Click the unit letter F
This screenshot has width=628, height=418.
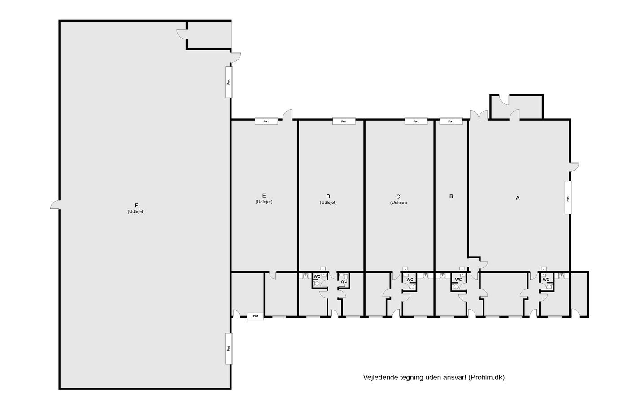[x=136, y=206]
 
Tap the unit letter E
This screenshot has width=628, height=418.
[x=264, y=196]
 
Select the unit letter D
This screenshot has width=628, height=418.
[x=328, y=196]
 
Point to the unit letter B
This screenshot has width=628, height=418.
[x=451, y=196]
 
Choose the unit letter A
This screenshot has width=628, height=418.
[x=518, y=198]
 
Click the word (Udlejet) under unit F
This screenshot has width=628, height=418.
[x=136, y=211]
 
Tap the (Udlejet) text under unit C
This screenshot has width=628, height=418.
[x=398, y=203]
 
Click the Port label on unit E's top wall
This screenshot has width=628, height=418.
[x=266, y=121]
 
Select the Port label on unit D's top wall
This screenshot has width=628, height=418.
[x=344, y=121]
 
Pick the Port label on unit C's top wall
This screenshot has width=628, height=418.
[x=416, y=121]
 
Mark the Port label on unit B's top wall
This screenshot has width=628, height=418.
[x=451, y=121]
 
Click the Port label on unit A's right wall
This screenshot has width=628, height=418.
[x=568, y=199]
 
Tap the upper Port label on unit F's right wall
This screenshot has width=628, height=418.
[x=229, y=82]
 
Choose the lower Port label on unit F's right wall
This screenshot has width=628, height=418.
[x=229, y=349]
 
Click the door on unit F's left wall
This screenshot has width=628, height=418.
[x=55, y=205]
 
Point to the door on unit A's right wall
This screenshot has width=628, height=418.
[x=574, y=167]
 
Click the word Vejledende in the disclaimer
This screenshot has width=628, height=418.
[x=376, y=377]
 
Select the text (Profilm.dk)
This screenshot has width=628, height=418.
[x=486, y=377]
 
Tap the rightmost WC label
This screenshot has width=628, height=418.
[x=546, y=280]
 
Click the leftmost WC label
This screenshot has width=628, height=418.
[x=317, y=276]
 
